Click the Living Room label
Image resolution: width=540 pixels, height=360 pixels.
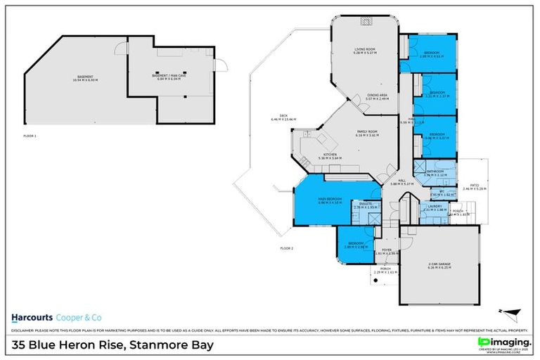(x=365, y=50)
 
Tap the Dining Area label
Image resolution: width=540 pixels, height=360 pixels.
(x=377, y=96)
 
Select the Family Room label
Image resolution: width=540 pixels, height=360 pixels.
(x=368, y=132)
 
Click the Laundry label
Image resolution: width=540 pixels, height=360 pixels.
(x=434, y=206)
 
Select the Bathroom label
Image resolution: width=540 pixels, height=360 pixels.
(x=435, y=171)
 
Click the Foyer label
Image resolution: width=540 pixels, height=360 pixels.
(x=386, y=249)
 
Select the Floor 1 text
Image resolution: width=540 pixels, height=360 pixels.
(x=30, y=135)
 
